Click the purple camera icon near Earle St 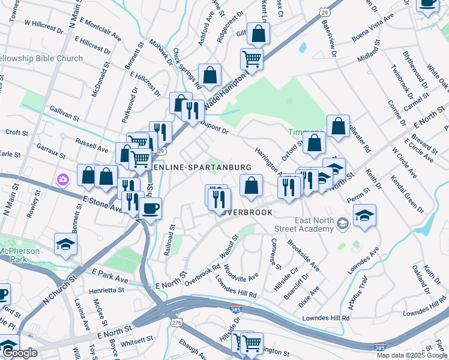tap(63, 179)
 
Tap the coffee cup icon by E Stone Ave tap(149, 209)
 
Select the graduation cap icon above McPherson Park tap(66, 244)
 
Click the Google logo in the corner tap(20, 353)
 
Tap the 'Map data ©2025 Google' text tap(411, 355)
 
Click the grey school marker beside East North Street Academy tap(342, 224)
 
